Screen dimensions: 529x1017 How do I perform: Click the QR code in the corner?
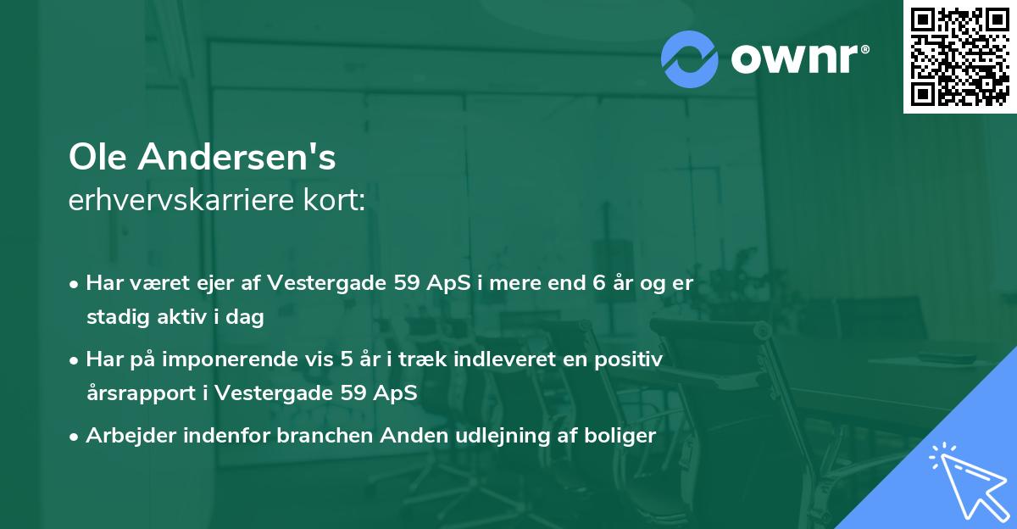coord(959,57)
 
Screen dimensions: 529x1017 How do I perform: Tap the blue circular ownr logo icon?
coord(690,59)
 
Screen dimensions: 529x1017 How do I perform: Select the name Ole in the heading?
coord(99,157)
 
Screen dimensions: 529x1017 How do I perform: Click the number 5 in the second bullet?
coord(346,359)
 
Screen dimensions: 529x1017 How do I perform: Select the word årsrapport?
coord(129,394)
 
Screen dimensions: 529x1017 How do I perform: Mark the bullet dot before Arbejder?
coord(75,437)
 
